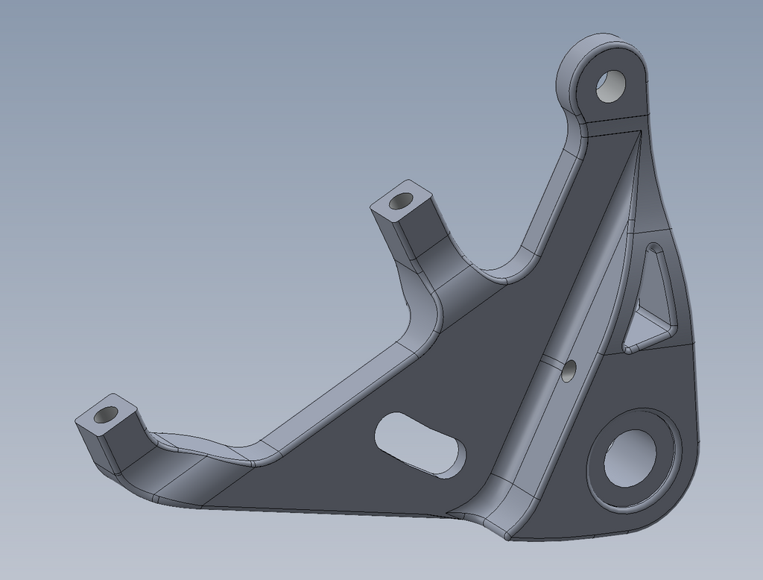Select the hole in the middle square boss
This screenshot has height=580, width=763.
(x=401, y=201)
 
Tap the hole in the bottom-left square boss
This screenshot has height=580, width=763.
(x=107, y=414)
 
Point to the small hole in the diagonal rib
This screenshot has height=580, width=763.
(x=569, y=371)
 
